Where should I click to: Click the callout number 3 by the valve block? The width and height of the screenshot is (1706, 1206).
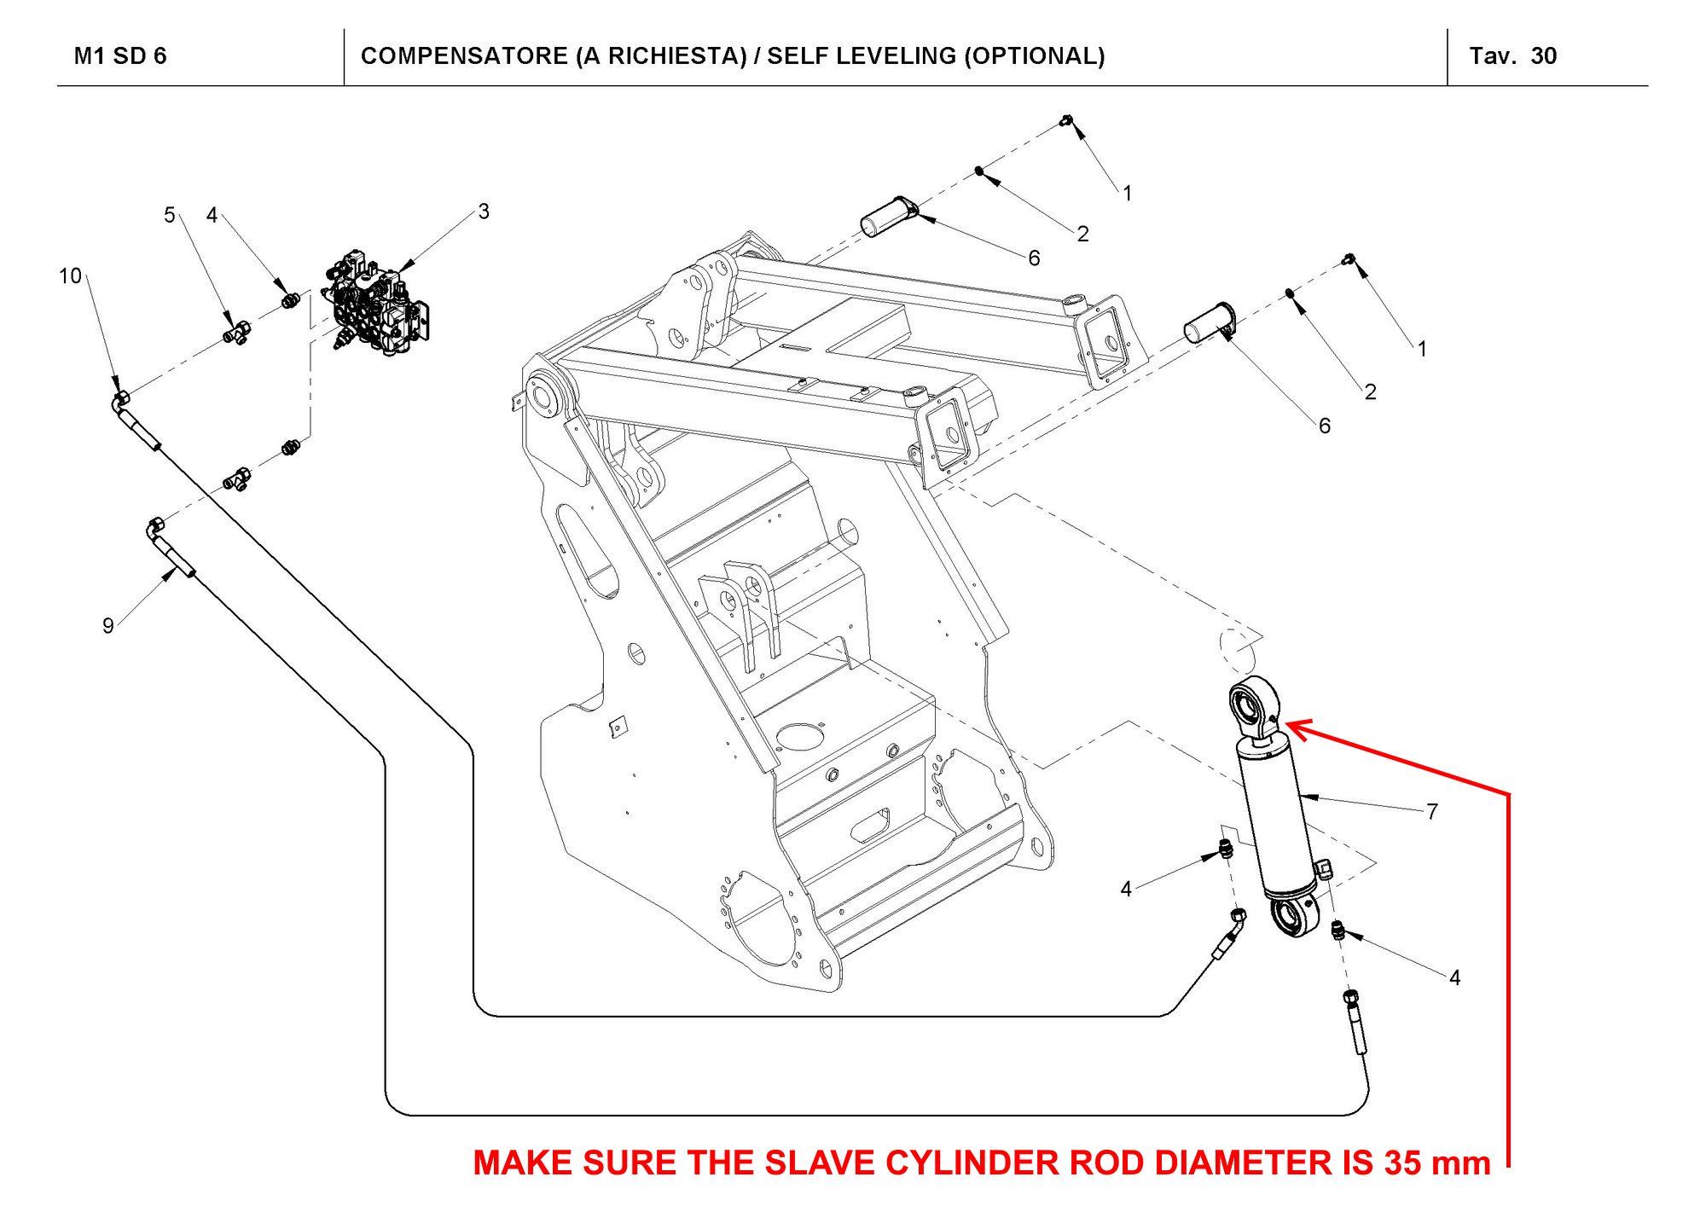point(484,212)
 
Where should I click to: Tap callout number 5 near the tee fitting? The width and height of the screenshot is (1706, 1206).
point(169,215)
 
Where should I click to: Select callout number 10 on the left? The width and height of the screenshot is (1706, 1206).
point(70,276)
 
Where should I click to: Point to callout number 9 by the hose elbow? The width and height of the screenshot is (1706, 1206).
point(108,626)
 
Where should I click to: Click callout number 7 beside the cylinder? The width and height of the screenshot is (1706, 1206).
point(1432,811)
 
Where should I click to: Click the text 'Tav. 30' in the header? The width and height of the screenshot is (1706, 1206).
point(1512,56)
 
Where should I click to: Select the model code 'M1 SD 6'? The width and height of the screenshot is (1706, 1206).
point(120,56)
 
